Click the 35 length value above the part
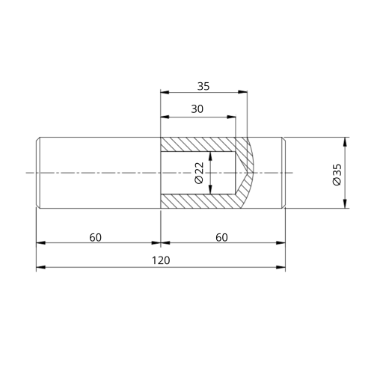tap(203, 86)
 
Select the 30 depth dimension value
tap(197, 109)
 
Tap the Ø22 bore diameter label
tap(199, 173)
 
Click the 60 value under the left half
tap(96, 237)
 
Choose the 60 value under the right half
tap(221, 237)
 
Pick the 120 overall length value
tap(161, 260)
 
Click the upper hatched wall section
tap(198, 144)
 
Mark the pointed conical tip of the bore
tap(252, 173)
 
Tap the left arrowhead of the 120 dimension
tap(40, 266)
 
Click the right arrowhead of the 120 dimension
tap(282, 266)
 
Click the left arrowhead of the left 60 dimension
tap(40, 243)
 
